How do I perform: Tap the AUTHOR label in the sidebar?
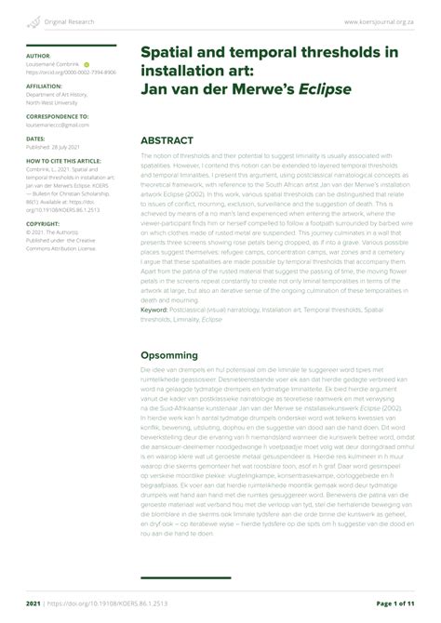pyautogui.click(x=39, y=56)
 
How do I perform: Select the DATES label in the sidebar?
pyautogui.click(x=35, y=138)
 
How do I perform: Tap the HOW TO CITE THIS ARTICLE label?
pyautogui.click(x=63, y=162)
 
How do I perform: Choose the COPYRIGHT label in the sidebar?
pyautogui.click(x=43, y=224)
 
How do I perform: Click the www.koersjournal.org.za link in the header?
pyautogui.click(x=385, y=20)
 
